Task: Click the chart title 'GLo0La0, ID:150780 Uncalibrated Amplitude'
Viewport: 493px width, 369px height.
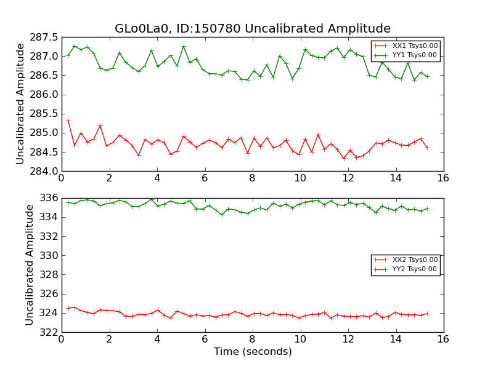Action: [253, 29]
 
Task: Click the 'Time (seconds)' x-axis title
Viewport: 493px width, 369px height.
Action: [253, 352]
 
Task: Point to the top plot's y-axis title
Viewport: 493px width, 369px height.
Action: [20, 104]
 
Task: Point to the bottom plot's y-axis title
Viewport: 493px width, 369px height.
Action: [30, 265]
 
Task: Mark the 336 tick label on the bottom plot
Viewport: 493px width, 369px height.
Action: [47, 198]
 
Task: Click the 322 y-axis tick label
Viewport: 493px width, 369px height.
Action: [47, 332]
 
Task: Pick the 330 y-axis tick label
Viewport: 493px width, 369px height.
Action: [47, 255]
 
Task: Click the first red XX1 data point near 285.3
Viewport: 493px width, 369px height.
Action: [68, 121]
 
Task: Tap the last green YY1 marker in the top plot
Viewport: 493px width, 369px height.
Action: [427, 76]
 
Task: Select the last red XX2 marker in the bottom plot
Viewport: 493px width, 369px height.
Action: [427, 314]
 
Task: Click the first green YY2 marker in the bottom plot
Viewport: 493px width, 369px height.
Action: [68, 202]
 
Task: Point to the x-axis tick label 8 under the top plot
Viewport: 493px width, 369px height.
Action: [253, 178]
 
